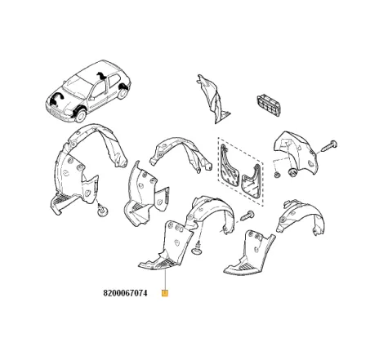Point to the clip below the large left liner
point(102,211)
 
